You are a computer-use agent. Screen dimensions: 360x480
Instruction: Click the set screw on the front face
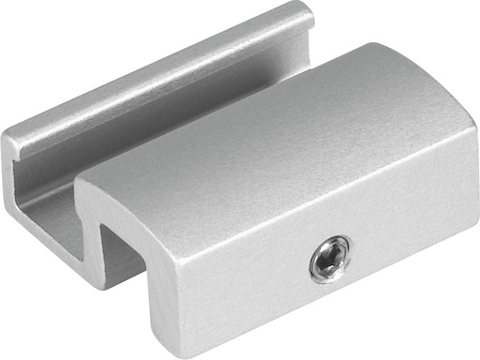point(332,258)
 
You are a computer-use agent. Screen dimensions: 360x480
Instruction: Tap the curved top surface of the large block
point(281,131)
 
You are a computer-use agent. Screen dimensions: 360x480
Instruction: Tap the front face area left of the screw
point(244,272)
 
